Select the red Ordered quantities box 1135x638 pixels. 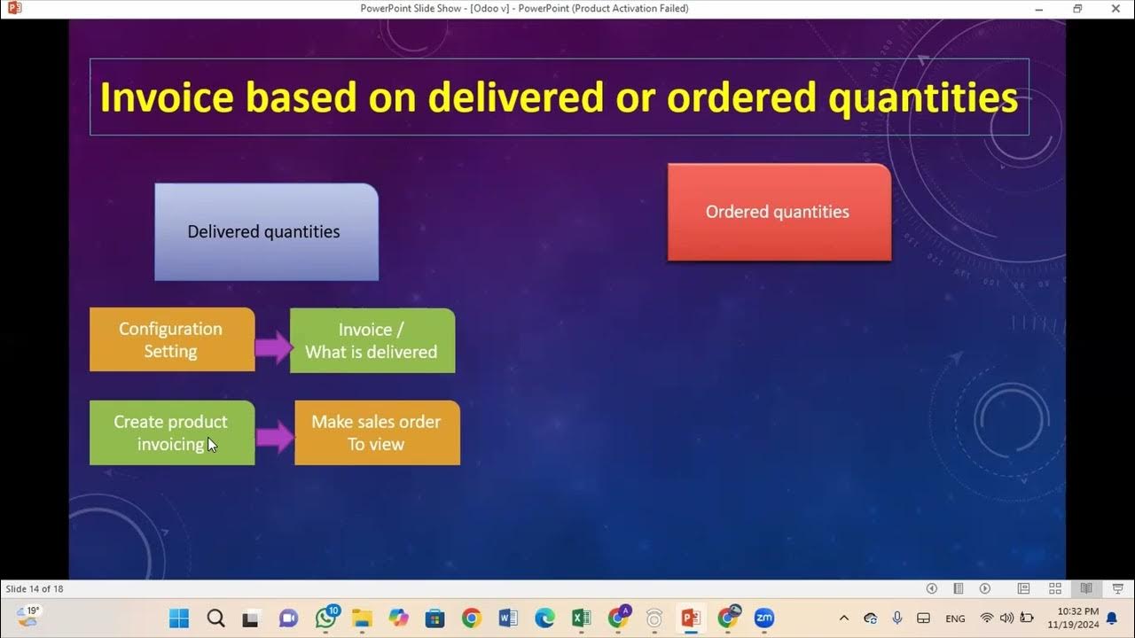pos(779,213)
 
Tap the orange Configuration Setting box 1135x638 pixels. pos(171,340)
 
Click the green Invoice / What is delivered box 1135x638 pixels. pos(372,340)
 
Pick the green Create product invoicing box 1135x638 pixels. pos(171,432)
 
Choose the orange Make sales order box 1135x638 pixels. pos(377,432)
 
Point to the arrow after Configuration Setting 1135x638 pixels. pos(273,346)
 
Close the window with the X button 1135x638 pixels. pos(1115,9)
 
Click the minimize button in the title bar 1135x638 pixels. pos(1039,9)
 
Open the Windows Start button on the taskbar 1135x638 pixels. pos(178,618)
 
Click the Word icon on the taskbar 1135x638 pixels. pos(507,618)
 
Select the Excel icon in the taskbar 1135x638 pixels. pos(581,618)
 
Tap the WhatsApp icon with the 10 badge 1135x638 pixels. pos(326,618)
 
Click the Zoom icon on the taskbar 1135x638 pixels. pos(763,618)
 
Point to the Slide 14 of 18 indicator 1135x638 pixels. pos(35,589)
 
